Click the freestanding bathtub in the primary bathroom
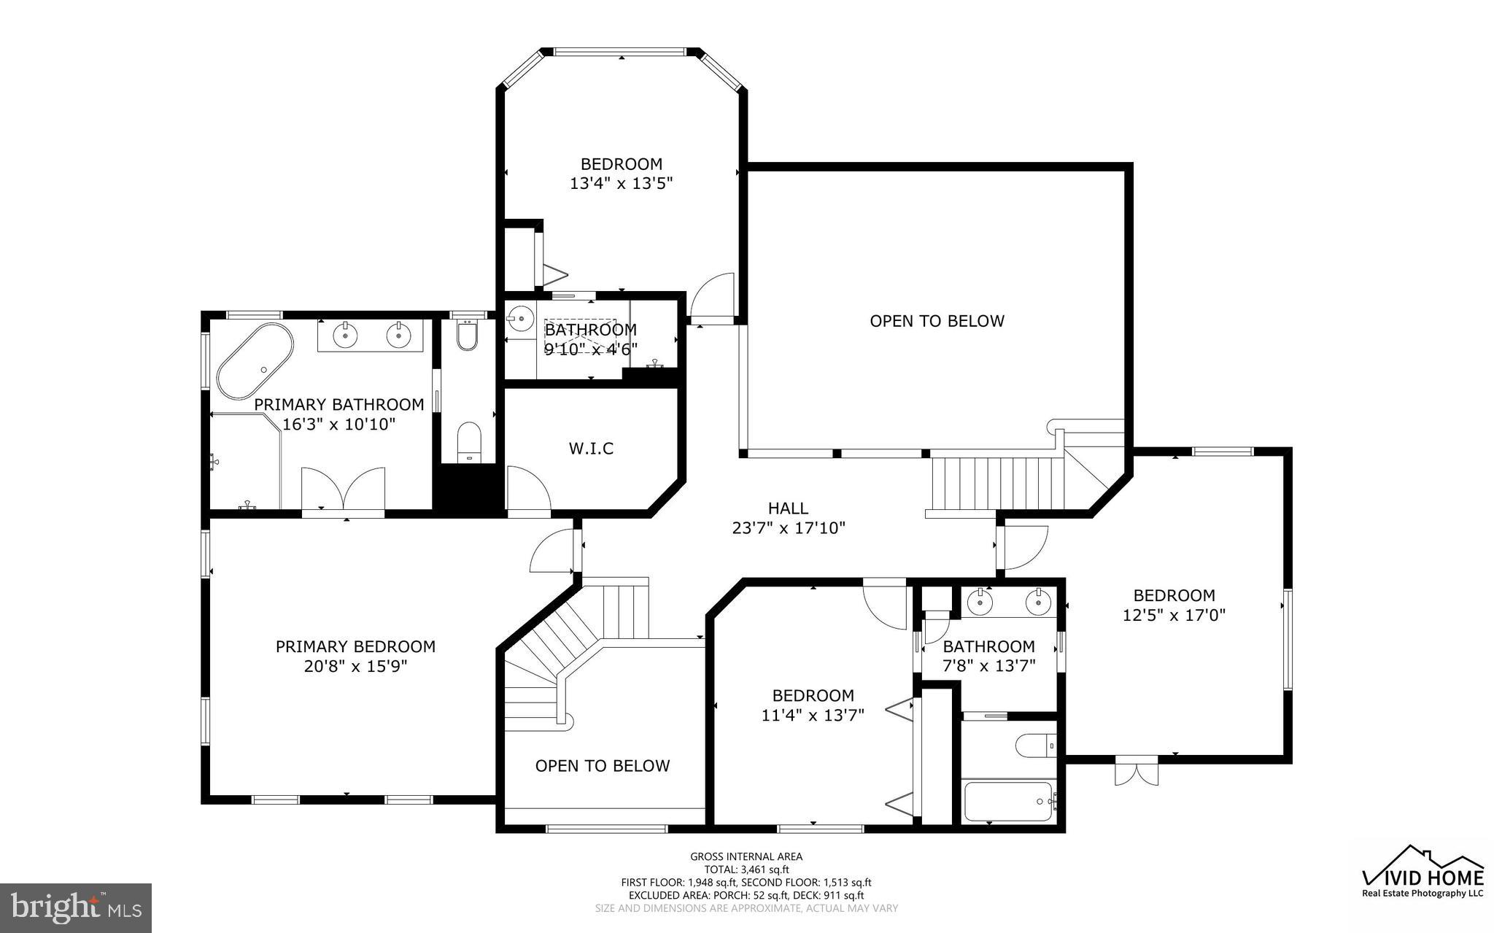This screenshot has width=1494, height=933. tap(255, 360)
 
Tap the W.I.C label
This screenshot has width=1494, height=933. tap(591, 449)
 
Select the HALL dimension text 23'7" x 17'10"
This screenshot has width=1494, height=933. tap(788, 528)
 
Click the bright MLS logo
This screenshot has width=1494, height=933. tap(76, 907)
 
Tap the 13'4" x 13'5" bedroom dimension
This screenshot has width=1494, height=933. tap(620, 184)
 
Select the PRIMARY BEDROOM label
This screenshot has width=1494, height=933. tap(355, 646)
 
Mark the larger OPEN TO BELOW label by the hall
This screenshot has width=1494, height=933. tap(937, 321)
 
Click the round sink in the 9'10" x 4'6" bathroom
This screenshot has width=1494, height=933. tap(521, 319)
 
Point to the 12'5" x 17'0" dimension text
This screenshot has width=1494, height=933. tap(1173, 616)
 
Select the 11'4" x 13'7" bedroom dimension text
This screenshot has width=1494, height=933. tap(813, 716)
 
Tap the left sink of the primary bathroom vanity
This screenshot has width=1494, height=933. tap(344, 336)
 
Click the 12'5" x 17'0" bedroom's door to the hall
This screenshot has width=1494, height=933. tap(1025, 547)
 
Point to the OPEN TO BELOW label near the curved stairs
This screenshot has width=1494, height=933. tap(602, 766)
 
